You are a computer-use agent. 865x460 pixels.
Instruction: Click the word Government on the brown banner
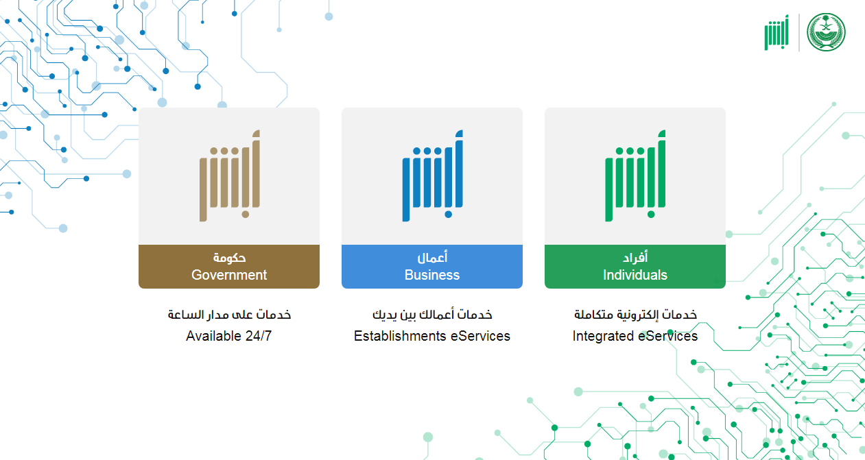tap(229, 275)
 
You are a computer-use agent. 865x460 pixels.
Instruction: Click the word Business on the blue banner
tap(432, 275)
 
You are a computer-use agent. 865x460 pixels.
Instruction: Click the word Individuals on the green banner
tap(635, 275)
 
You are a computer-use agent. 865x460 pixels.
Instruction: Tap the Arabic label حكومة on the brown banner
tap(229, 257)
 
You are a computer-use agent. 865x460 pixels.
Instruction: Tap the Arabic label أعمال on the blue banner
tap(432, 257)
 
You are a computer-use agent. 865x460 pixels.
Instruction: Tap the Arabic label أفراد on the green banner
tap(635, 257)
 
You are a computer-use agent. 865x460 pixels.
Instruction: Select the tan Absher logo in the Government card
tap(230, 176)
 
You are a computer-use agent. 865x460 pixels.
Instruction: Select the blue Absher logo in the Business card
tap(432, 176)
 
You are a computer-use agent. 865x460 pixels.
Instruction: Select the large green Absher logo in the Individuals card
tap(635, 176)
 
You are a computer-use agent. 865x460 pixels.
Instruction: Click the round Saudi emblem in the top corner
tap(826, 32)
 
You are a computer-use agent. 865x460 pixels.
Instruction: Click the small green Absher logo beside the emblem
tap(777, 32)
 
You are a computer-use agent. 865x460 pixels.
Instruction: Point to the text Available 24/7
tap(228, 336)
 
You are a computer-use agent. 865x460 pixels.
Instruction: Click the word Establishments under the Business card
tap(399, 336)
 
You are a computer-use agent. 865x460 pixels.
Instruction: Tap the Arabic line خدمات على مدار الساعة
tap(229, 315)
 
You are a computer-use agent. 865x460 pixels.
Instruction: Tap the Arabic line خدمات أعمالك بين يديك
tap(432, 315)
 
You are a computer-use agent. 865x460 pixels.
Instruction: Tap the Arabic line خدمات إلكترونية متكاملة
tap(635, 315)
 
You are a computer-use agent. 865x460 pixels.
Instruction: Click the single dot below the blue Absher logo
tap(449, 215)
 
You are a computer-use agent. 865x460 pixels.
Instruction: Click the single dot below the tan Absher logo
tap(246, 215)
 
